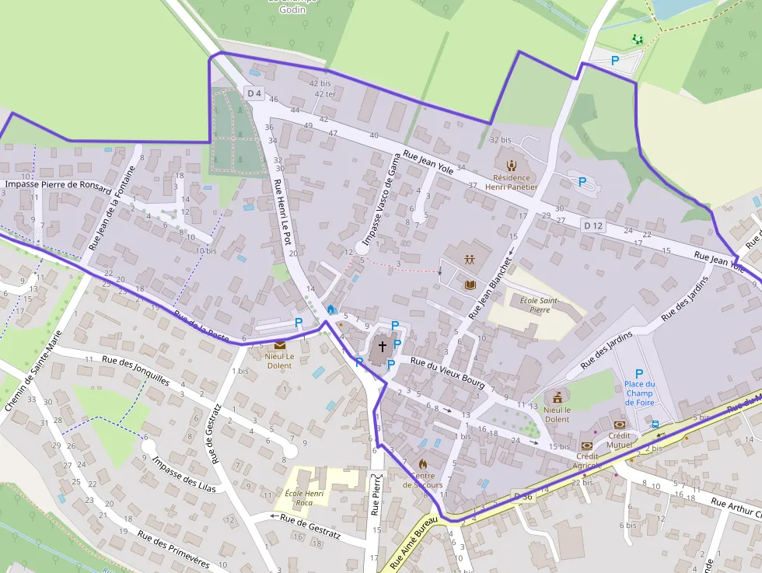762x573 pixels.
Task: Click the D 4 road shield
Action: coord(253,93)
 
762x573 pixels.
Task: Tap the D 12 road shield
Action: coord(592,225)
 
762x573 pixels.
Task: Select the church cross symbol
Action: coord(382,345)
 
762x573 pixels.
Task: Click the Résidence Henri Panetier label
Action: coord(511,182)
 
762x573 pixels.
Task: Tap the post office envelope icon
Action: coord(279,345)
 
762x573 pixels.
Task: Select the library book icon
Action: coord(470,285)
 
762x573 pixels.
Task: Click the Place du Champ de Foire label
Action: coord(639,393)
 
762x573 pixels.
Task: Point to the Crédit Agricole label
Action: coord(587,460)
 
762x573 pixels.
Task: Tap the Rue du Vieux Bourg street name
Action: coord(447,373)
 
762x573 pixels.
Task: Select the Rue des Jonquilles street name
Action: coord(135,371)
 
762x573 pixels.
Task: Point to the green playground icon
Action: coord(638,39)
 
